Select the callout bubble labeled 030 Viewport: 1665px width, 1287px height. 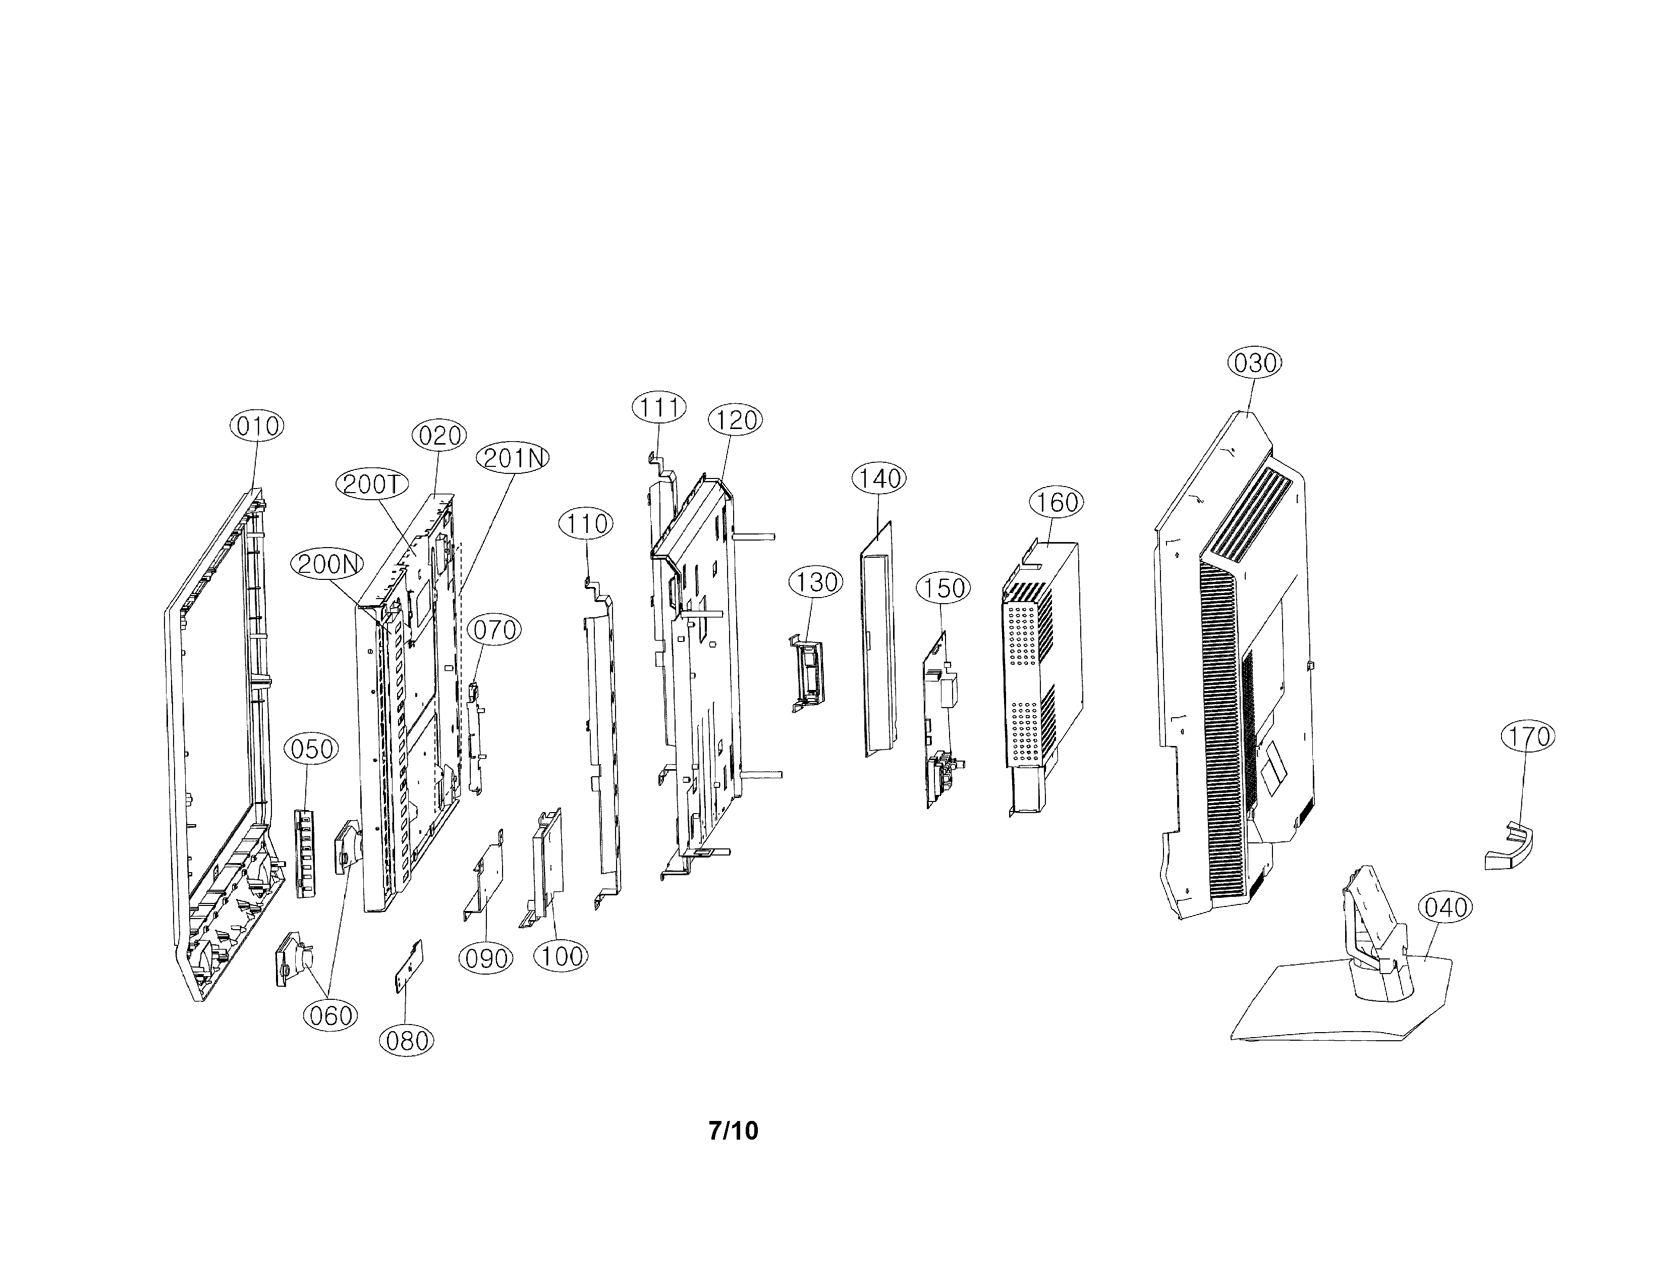[1255, 362]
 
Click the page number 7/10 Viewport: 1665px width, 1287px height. [734, 1130]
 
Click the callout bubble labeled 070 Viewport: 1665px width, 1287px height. [493, 630]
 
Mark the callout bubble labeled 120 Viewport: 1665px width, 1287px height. [736, 419]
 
